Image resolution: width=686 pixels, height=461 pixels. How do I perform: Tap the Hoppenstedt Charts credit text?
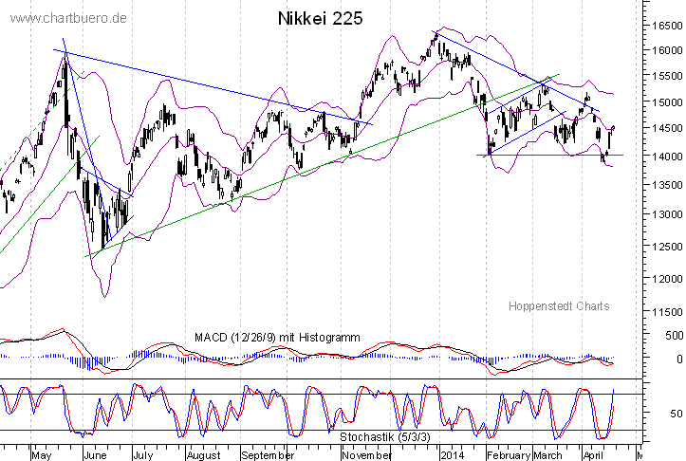point(559,305)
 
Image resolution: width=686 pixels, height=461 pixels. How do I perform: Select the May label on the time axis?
point(42,454)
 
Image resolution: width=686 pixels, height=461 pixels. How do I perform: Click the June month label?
point(96,454)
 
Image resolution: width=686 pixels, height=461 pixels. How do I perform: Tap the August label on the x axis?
point(203,454)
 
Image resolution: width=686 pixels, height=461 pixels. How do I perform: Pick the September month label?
point(268,454)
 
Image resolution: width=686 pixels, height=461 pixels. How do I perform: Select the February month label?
point(507,454)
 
